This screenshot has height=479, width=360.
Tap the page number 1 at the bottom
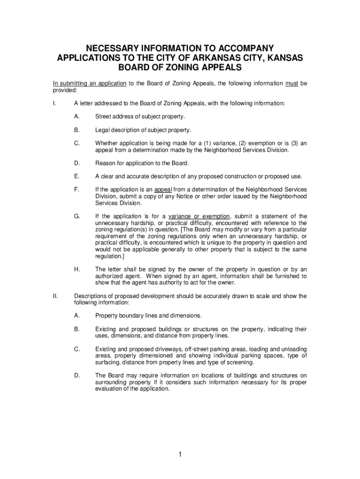(x=180, y=455)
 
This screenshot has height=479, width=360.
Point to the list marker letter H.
(x=76, y=269)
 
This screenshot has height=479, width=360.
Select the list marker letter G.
(x=77, y=217)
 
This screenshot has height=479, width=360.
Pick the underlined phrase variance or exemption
(x=199, y=217)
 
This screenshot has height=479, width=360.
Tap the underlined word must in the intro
(x=292, y=83)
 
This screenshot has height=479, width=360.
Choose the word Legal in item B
(x=103, y=130)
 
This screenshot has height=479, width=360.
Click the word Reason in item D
(x=106, y=163)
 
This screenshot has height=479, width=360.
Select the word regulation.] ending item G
(x=109, y=256)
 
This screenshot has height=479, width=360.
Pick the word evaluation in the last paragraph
(x=110, y=389)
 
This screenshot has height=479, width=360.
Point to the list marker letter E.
(x=76, y=176)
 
